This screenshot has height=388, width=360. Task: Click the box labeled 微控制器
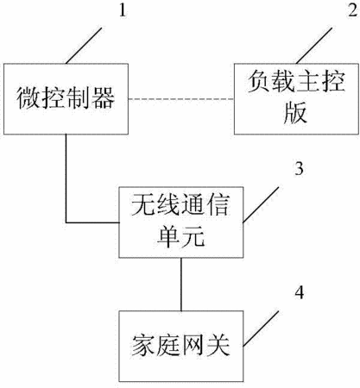(x=66, y=99)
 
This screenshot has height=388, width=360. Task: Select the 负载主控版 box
(x=296, y=99)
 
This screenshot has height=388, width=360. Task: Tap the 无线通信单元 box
(x=181, y=222)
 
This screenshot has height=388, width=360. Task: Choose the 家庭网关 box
(x=181, y=346)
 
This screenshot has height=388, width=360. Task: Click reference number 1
(x=123, y=11)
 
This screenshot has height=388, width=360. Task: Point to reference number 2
(x=352, y=11)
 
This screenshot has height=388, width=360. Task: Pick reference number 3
(x=300, y=168)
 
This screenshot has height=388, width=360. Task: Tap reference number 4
(x=300, y=293)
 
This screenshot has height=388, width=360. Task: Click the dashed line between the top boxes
(x=181, y=99)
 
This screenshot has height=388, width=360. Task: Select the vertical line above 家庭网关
(x=181, y=285)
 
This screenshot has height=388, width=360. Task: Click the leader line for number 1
(x=84, y=46)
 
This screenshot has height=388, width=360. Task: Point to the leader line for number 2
(x=314, y=46)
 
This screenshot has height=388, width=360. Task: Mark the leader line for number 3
(x=261, y=204)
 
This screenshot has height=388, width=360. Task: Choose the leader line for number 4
(x=261, y=329)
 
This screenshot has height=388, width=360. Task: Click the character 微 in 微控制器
(x=28, y=98)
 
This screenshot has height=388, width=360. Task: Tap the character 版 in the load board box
(x=295, y=113)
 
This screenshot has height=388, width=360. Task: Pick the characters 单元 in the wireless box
(x=181, y=236)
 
